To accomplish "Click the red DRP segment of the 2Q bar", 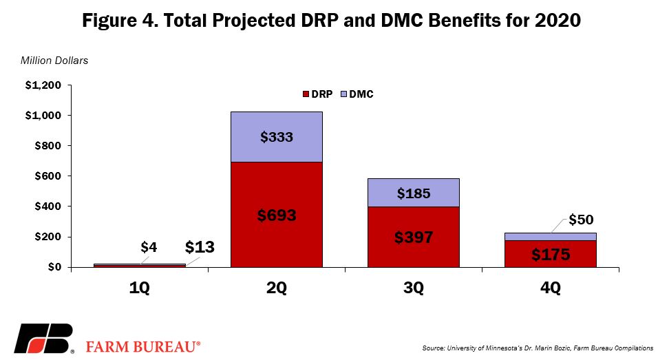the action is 277,215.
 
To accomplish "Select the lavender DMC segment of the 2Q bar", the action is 277,137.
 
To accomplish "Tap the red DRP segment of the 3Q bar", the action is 414,237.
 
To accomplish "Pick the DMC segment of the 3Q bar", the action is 414,193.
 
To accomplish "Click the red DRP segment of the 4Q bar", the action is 551,254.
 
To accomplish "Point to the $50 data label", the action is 581,220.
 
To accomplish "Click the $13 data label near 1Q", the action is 200,247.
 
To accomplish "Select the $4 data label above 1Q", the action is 149,247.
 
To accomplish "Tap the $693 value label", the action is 277,215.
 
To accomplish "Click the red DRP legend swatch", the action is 306,94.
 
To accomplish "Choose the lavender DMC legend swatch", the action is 343,94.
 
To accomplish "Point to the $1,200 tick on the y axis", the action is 43,85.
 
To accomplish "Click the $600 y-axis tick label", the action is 47,176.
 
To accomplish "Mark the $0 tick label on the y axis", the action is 54,267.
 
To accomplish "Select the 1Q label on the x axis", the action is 140,288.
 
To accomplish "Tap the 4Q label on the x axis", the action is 551,288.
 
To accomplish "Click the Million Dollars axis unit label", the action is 54,61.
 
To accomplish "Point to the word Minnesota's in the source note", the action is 499,348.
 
